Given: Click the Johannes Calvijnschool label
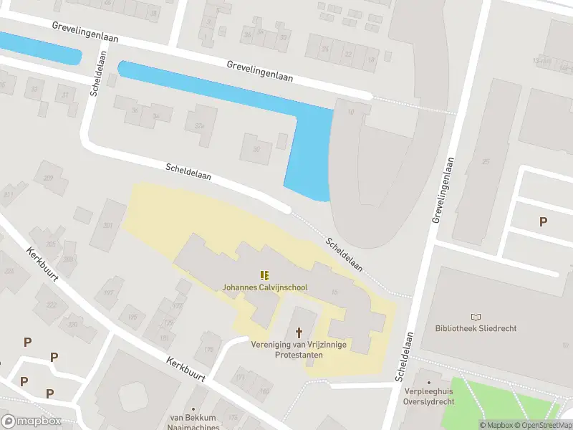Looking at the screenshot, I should click(x=264, y=287).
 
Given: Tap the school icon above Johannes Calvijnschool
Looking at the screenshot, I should click(x=264, y=274).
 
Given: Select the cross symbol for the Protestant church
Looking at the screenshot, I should click(x=299, y=333).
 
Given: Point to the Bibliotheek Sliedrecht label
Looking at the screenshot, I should click(x=476, y=328).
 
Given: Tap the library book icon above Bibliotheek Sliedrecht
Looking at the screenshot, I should click(x=476, y=316).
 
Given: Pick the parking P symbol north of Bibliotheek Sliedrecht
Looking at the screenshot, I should click(x=543, y=222).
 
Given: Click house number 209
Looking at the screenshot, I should click(x=49, y=178).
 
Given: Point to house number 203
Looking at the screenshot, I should click(x=108, y=226).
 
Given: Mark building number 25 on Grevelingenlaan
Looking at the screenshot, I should click(x=486, y=162).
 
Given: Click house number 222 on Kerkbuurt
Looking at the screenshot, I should click(x=52, y=305).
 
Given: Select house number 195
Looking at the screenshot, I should click(x=132, y=317).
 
